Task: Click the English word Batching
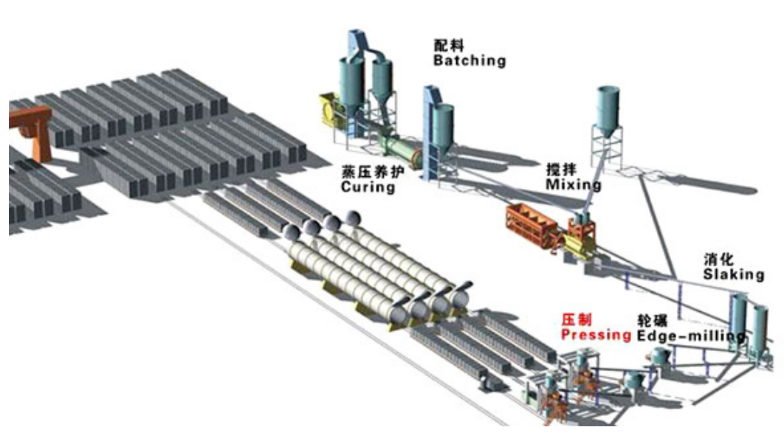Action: coord(470,60)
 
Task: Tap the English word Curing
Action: coord(368,187)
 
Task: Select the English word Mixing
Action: coord(573,184)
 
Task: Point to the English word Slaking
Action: coord(733,274)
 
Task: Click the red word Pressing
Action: coord(596,335)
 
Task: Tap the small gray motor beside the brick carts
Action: coord(489,381)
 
